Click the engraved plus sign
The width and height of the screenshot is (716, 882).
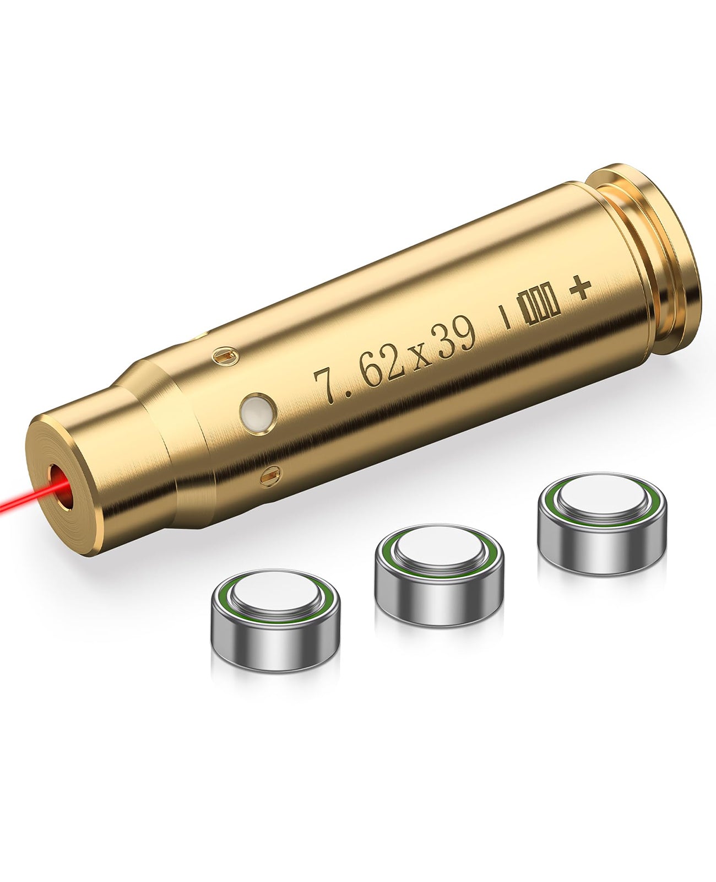pyautogui.click(x=580, y=288)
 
